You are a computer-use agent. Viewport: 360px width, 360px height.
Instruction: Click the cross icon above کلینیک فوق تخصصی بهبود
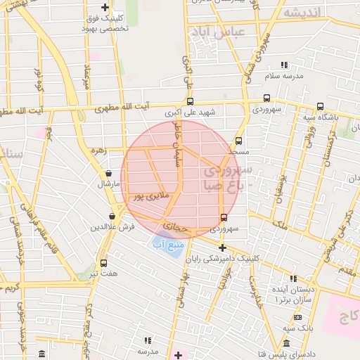click(105, 7)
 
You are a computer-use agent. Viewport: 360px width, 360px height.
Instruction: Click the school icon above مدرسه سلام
click(283, 64)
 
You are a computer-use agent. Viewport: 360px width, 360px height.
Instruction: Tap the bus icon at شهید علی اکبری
click(191, 101)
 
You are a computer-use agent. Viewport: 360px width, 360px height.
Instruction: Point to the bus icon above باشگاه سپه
click(321, 106)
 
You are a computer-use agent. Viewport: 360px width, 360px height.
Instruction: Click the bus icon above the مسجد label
click(238, 141)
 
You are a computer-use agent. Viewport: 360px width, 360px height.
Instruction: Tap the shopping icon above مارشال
click(108, 173)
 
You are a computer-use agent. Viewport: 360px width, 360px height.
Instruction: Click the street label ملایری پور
click(150, 198)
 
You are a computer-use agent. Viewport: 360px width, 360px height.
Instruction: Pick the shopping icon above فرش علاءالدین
click(112, 217)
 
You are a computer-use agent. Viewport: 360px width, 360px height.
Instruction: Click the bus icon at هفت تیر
click(104, 262)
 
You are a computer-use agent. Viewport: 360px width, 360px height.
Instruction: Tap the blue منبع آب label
click(167, 245)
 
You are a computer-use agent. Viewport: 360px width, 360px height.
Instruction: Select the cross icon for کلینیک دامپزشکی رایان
click(223, 247)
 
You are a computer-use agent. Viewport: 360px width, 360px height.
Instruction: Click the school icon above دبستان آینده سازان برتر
click(293, 278)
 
